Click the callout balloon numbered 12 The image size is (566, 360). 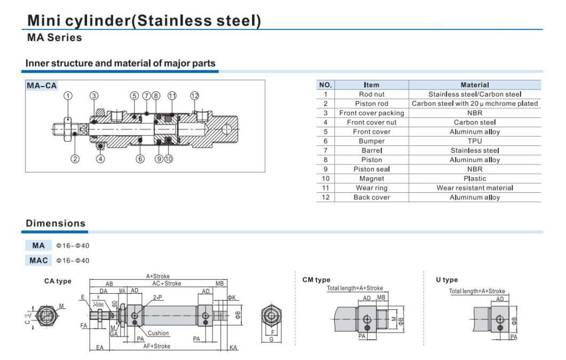coord(194,96)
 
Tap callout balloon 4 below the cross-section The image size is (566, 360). coord(100,159)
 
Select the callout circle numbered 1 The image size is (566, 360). coord(68,96)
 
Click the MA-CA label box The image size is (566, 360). coord(42,85)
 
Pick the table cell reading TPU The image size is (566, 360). coord(475,141)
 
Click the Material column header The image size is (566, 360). coord(475,85)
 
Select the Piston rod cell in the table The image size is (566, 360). coord(372,104)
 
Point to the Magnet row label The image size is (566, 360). coord(372,178)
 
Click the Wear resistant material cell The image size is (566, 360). coord(475,188)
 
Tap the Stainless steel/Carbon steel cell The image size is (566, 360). coord(475,95)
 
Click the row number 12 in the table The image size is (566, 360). coord(325,197)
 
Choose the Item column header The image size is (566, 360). coord(372,85)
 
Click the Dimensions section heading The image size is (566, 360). coord(56,223)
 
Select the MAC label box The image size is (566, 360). coord(38,260)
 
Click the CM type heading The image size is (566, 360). coord(316,280)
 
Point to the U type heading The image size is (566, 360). coord(446,280)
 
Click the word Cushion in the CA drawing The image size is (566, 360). coord(159,333)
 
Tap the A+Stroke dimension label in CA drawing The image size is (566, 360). coord(158,277)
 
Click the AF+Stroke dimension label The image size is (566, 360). coord(157,346)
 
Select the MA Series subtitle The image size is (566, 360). coord(54,38)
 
